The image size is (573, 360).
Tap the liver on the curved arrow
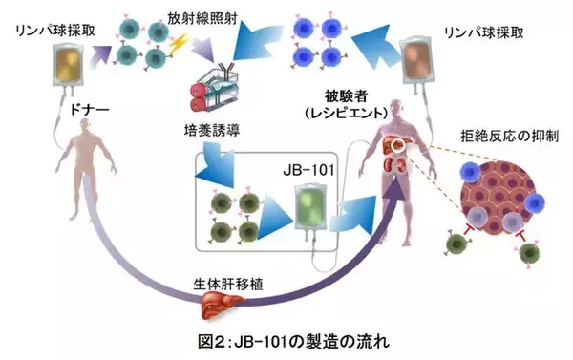point(218,306)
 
